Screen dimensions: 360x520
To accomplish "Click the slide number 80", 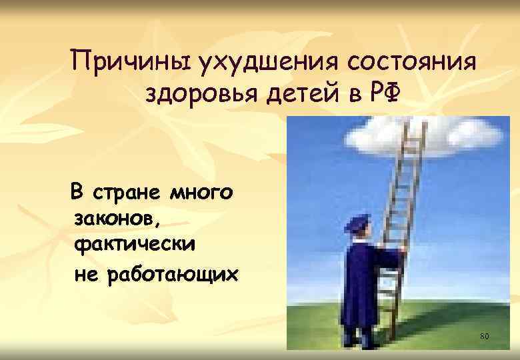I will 485,335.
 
